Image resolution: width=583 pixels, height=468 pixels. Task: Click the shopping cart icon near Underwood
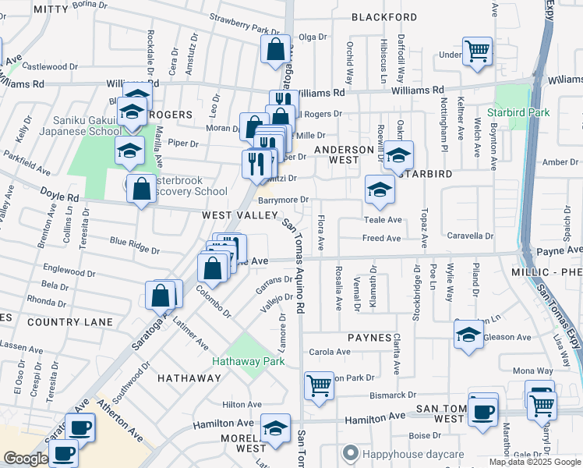(x=477, y=51)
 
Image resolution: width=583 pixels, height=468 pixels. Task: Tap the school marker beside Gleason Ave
(x=468, y=334)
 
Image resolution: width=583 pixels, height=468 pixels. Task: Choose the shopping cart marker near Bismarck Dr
(x=319, y=385)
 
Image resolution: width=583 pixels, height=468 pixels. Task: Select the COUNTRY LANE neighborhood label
(x=69, y=321)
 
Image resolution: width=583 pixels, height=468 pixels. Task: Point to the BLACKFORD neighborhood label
(x=383, y=16)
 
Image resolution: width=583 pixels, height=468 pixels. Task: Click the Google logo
(x=25, y=459)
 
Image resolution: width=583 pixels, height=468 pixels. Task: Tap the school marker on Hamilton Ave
(x=275, y=429)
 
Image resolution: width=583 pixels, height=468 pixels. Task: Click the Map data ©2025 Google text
(x=534, y=462)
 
